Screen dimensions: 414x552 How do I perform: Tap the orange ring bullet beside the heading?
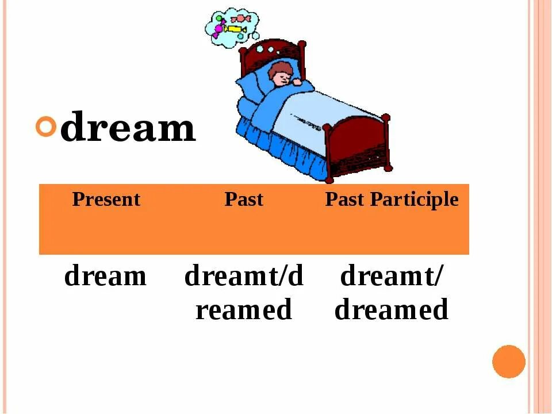click(x=47, y=126)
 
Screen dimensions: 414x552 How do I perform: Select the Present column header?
click(x=106, y=200)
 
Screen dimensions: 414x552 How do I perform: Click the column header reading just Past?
click(x=244, y=200)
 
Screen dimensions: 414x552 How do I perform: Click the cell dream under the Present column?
click(x=106, y=277)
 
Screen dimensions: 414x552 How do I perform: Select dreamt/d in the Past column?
click(x=244, y=277)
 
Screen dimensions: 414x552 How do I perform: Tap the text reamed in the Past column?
click(x=244, y=310)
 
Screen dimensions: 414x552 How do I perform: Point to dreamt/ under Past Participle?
click(x=392, y=277)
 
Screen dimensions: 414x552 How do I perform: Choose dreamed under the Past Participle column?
click(x=392, y=310)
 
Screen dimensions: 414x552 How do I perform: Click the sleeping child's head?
click(x=281, y=75)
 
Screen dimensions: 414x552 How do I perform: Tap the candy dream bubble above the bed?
click(x=232, y=26)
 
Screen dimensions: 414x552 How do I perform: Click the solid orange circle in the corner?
click(x=509, y=361)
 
